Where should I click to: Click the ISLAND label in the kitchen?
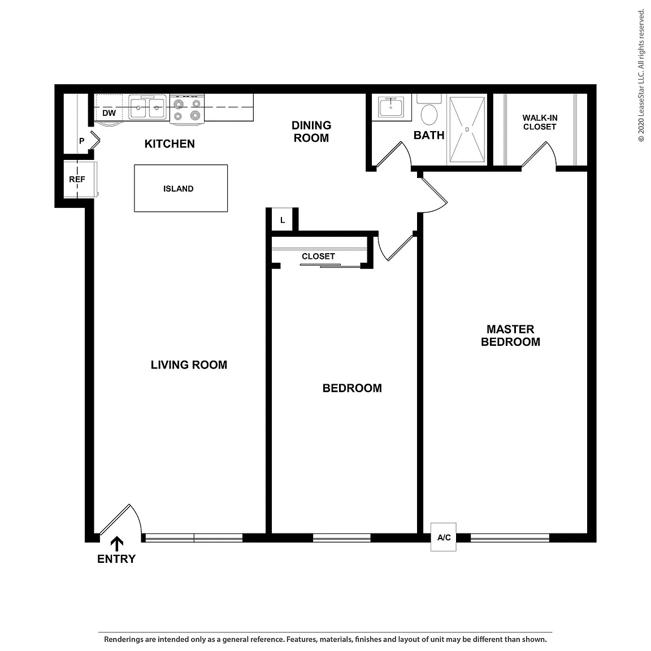pyautogui.click(x=178, y=189)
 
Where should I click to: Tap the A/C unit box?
pyautogui.click(x=444, y=537)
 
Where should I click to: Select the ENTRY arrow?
pyautogui.click(x=116, y=544)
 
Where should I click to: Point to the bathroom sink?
pyautogui.click(x=390, y=107)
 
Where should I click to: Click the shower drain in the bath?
pyautogui.click(x=467, y=129)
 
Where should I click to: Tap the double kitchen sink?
pyautogui.click(x=147, y=107)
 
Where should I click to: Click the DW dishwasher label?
pyautogui.click(x=108, y=113)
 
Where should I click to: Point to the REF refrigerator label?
pyautogui.click(x=77, y=179)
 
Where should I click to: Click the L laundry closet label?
pyautogui.click(x=283, y=220)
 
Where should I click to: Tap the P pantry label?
pyautogui.click(x=82, y=141)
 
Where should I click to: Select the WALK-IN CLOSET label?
pyautogui.click(x=540, y=123)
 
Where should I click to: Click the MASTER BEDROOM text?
pyautogui.click(x=510, y=336)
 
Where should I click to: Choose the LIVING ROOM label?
pyautogui.click(x=189, y=365)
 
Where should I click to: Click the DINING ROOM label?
pyautogui.click(x=311, y=132)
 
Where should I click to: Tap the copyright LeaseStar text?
pyautogui.click(x=641, y=76)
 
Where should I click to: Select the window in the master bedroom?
pyautogui.click(x=510, y=538)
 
